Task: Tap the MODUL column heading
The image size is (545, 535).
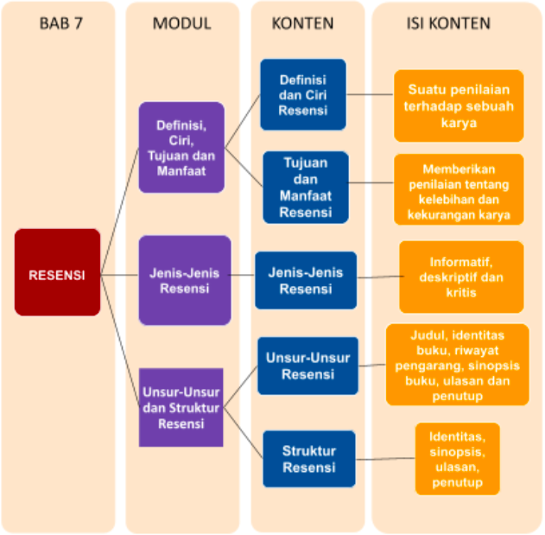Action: (181, 23)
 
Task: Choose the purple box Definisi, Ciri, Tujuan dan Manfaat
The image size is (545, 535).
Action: (181, 147)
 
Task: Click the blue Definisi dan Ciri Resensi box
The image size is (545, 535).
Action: (303, 94)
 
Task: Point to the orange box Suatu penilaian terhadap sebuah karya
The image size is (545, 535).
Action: (458, 105)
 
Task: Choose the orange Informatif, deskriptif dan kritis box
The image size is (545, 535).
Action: (461, 277)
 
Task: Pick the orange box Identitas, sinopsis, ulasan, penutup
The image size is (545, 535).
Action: (457, 458)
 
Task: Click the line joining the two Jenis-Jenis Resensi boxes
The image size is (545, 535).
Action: (243, 278)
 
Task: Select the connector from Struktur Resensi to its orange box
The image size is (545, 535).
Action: (385, 459)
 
